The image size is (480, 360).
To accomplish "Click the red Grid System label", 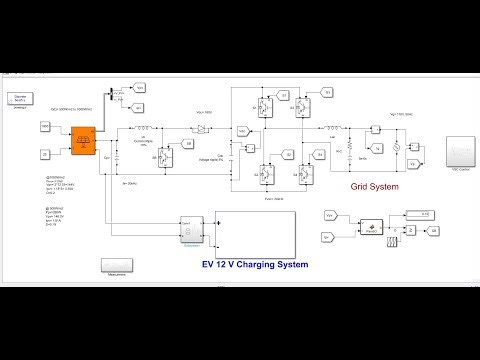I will point(374,186).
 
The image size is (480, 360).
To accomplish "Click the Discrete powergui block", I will point(17,97).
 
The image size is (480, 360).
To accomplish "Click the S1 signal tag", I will point(283,96).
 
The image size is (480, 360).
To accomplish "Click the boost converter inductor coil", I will point(143,128).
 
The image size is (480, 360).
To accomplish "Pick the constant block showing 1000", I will point(45,126).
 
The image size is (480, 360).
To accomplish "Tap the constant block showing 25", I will point(45,153).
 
